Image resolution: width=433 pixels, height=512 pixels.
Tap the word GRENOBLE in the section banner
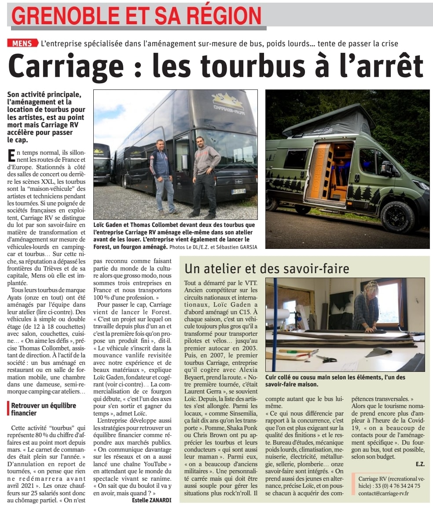62,16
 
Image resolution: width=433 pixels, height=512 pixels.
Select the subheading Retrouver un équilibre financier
43,409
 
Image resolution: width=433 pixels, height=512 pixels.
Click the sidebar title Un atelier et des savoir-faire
267,268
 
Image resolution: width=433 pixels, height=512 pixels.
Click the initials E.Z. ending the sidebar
420,464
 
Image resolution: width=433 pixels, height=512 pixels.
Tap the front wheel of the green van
397,216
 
